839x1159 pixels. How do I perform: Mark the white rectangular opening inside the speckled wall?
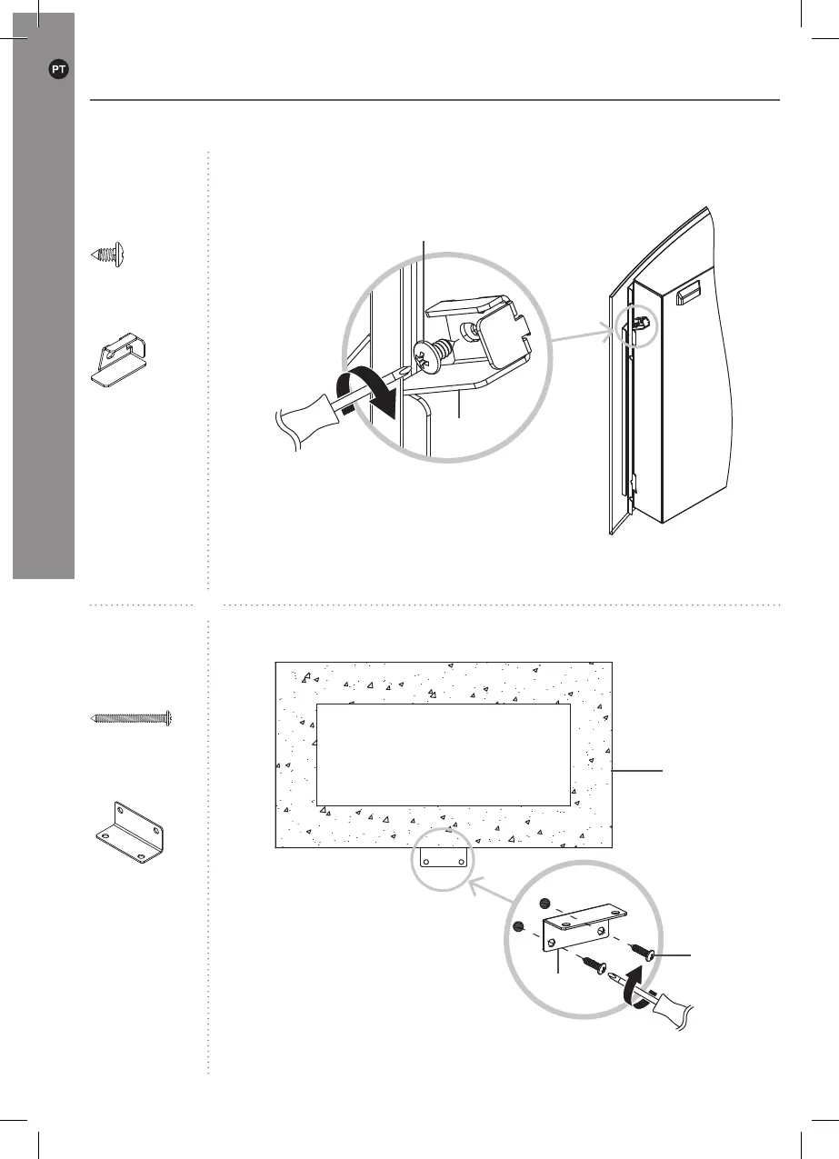click(443, 754)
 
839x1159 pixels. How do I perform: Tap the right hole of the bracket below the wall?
click(462, 860)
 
